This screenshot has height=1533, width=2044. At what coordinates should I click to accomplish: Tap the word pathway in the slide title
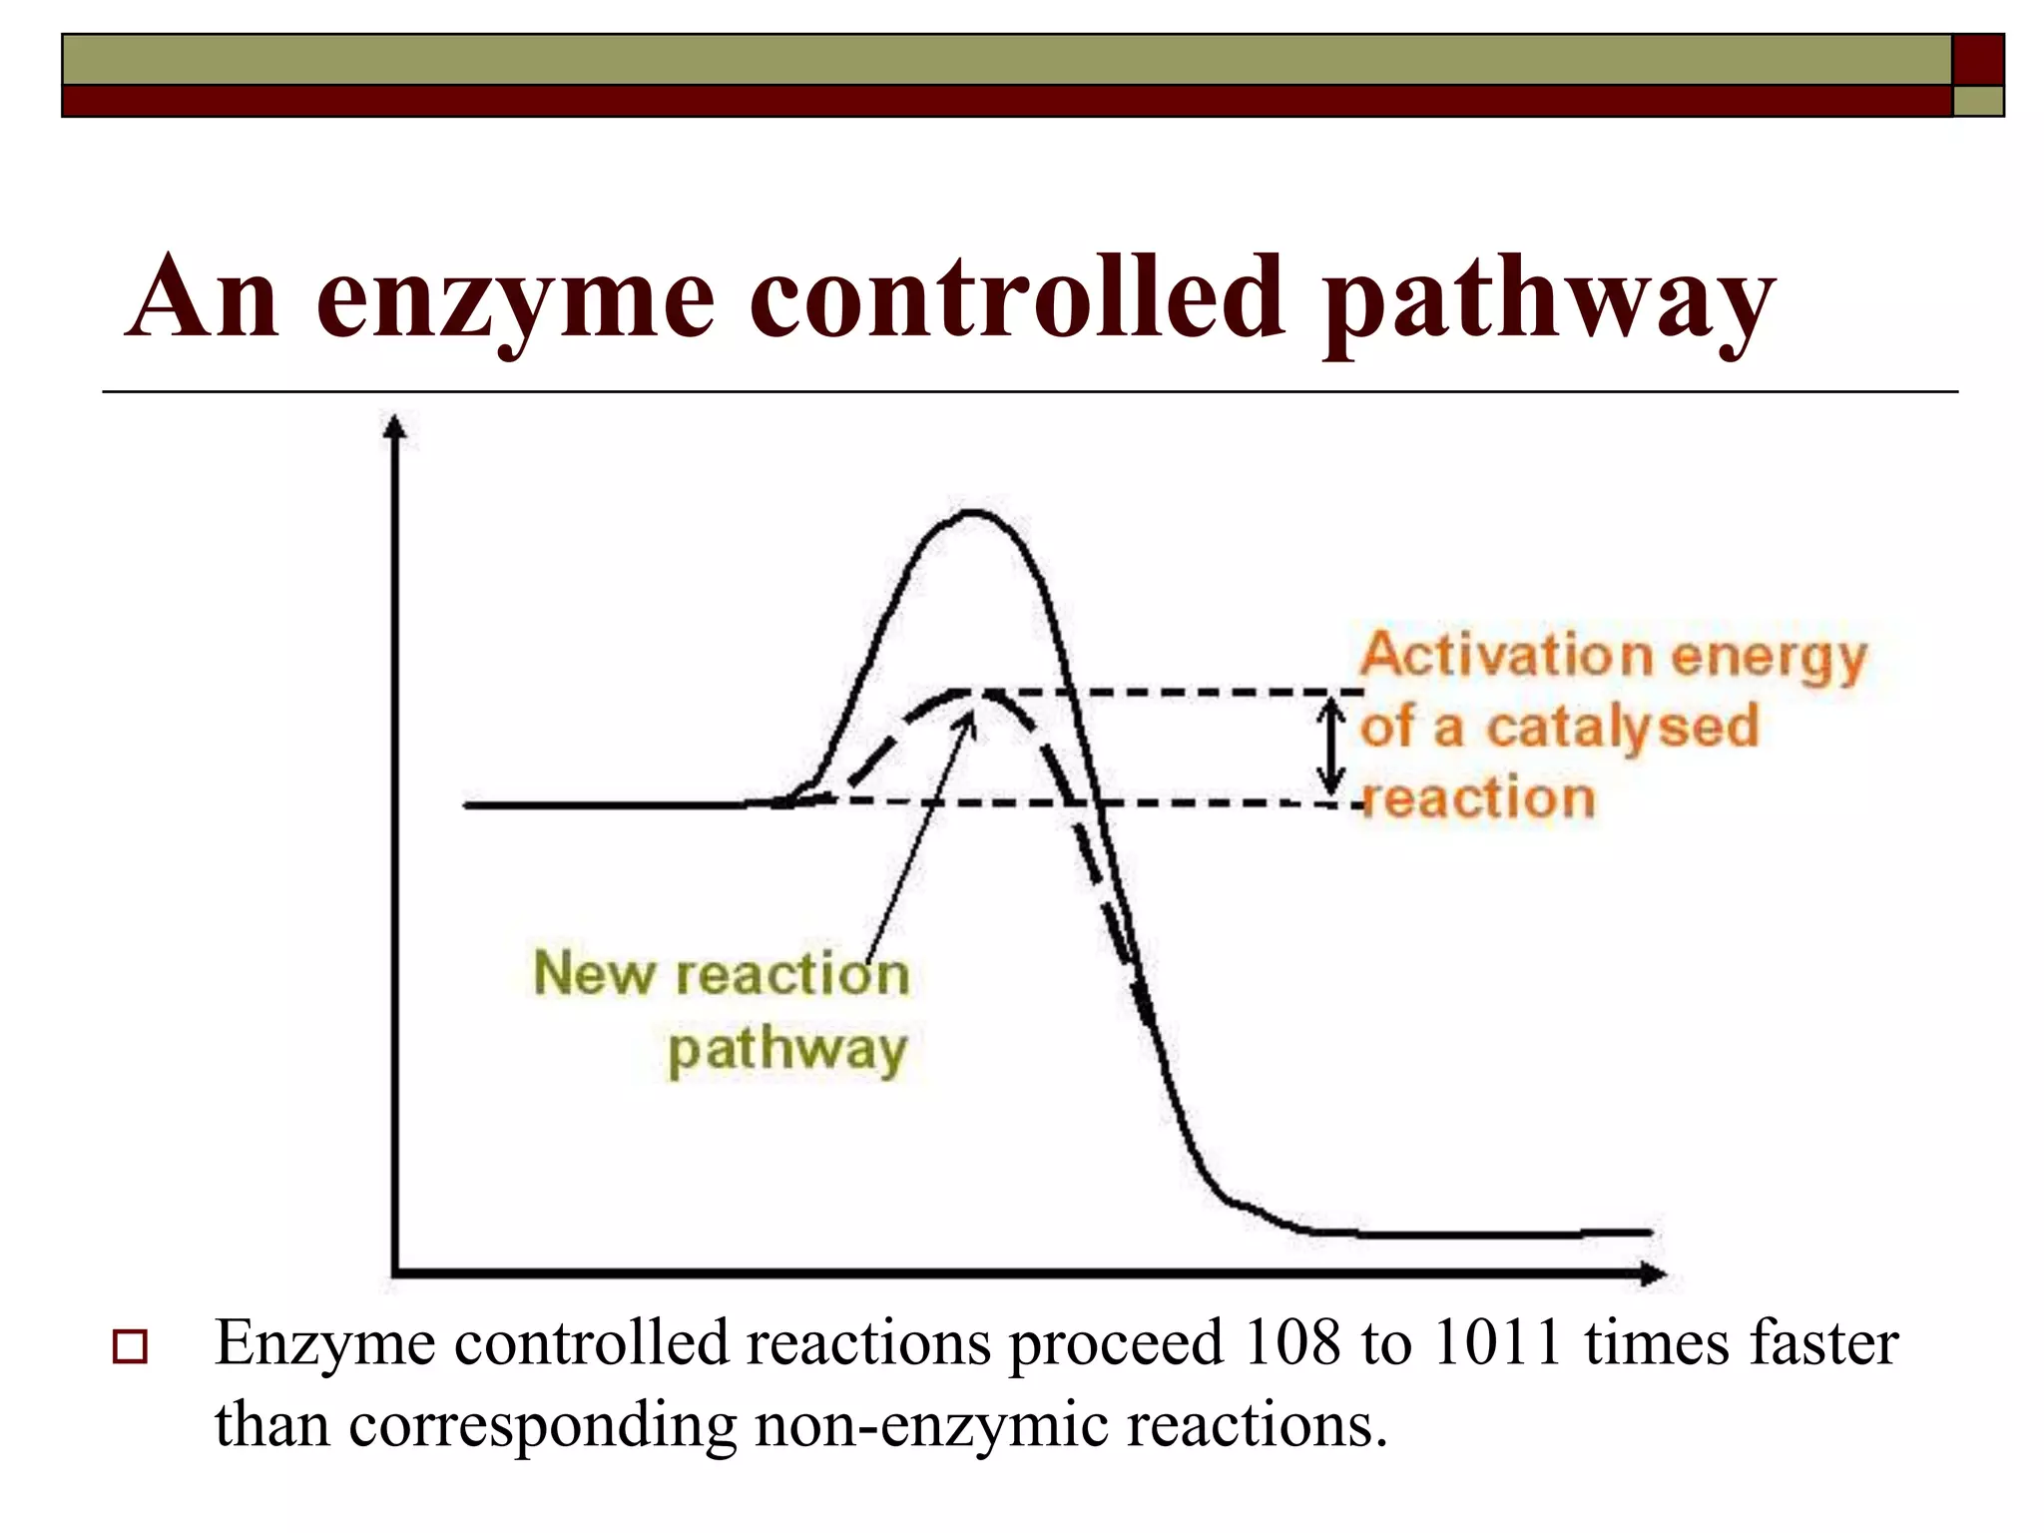[1548, 299]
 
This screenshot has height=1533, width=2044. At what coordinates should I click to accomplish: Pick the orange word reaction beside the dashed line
[1479, 798]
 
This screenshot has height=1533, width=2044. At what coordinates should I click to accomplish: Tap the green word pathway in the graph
[787, 1050]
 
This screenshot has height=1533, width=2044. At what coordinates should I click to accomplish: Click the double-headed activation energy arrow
[1330, 747]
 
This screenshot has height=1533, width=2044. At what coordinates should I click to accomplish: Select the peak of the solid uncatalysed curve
[971, 513]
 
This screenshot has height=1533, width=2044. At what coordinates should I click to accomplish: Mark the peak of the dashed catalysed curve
[973, 693]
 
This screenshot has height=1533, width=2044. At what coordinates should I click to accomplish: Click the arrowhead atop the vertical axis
[396, 426]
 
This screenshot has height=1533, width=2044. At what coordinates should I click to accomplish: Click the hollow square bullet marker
[130, 1346]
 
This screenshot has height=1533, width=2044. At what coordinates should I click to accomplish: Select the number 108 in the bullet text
[1292, 1343]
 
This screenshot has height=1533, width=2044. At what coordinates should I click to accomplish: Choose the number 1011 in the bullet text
[1496, 1343]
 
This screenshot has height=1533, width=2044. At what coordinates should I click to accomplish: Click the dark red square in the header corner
[1977, 59]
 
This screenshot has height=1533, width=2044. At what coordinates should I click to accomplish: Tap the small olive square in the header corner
[1977, 101]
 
